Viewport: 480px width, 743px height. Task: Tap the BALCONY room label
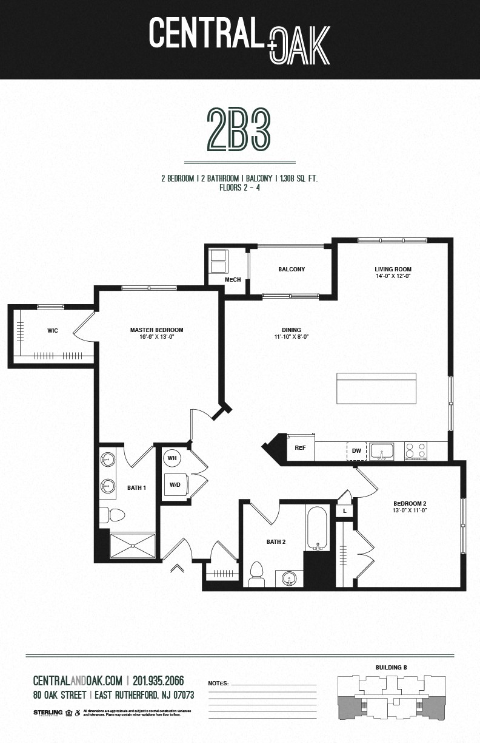(292, 270)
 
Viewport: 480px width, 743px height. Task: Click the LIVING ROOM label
(393, 269)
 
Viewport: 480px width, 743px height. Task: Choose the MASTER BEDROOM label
(156, 330)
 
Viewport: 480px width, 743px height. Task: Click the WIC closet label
(52, 331)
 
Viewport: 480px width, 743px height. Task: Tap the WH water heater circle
(172, 458)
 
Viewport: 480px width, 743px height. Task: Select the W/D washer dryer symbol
(175, 484)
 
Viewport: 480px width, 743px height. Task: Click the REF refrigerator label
(299, 447)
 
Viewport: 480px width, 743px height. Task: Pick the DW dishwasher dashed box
(356, 451)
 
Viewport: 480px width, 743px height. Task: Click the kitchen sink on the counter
(382, 451)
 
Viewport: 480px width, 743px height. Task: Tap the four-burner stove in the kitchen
(415, 450)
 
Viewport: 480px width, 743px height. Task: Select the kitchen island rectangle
(376, 388)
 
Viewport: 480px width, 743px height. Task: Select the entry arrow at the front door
(177, 568)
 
